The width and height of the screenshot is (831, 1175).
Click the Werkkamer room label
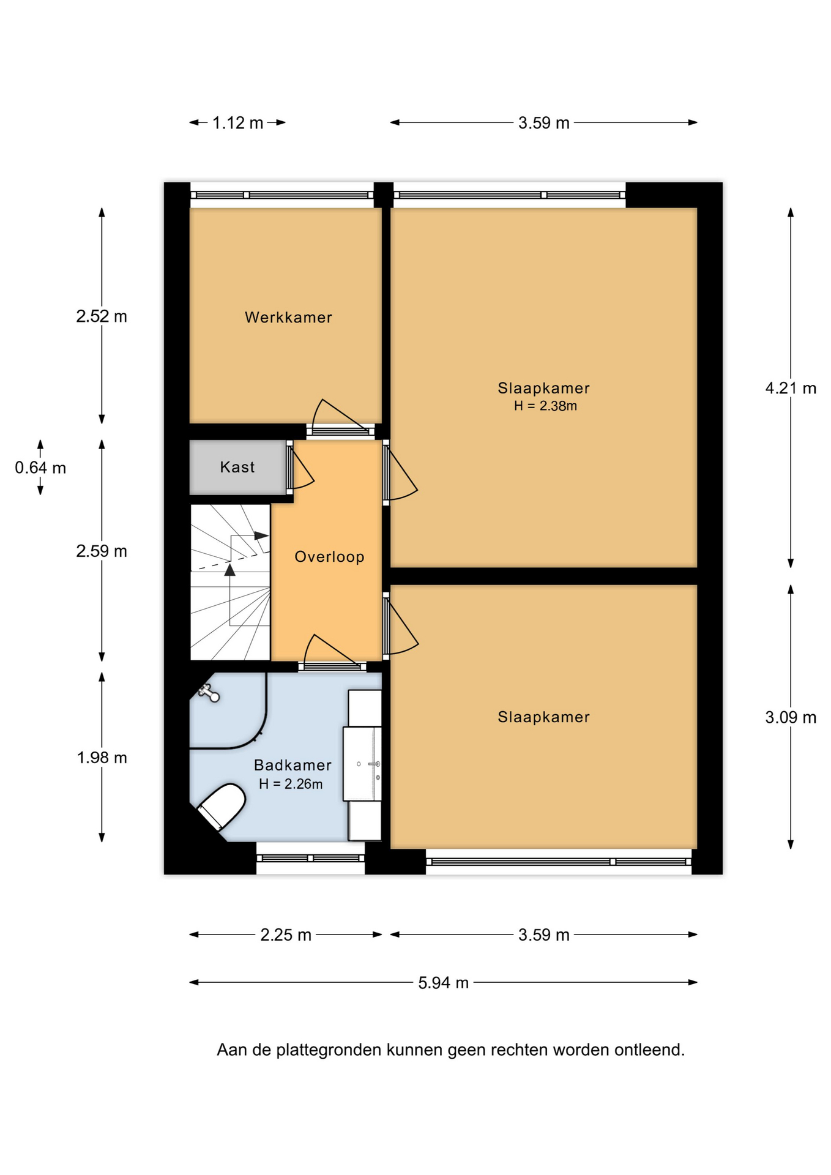click(288, 317)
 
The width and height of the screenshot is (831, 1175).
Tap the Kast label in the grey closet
click(237, 467)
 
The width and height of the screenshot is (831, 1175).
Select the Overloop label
click(329, 557)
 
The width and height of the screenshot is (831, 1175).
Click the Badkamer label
click(293, 765)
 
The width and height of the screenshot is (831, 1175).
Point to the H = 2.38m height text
click(545, 406)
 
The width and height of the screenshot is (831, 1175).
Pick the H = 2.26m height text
click(291, 784)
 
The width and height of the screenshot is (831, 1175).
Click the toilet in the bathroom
click(221, 807)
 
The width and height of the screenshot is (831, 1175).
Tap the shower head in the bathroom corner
click(209, 693)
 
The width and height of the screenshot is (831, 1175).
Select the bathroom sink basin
click(362, 764)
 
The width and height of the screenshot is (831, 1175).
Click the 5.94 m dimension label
click(443, 983)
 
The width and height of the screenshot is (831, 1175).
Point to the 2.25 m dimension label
click(286, 935)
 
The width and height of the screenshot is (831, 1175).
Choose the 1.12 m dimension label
click(237, 123)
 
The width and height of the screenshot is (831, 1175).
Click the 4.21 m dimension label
click(791, 388)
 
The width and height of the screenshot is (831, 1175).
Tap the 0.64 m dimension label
click(40, 468)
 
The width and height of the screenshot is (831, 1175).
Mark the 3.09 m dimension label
click(791, 717)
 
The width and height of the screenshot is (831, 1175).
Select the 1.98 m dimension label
click(102, 758)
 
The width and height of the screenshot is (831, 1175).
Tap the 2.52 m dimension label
click(102, 316)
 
